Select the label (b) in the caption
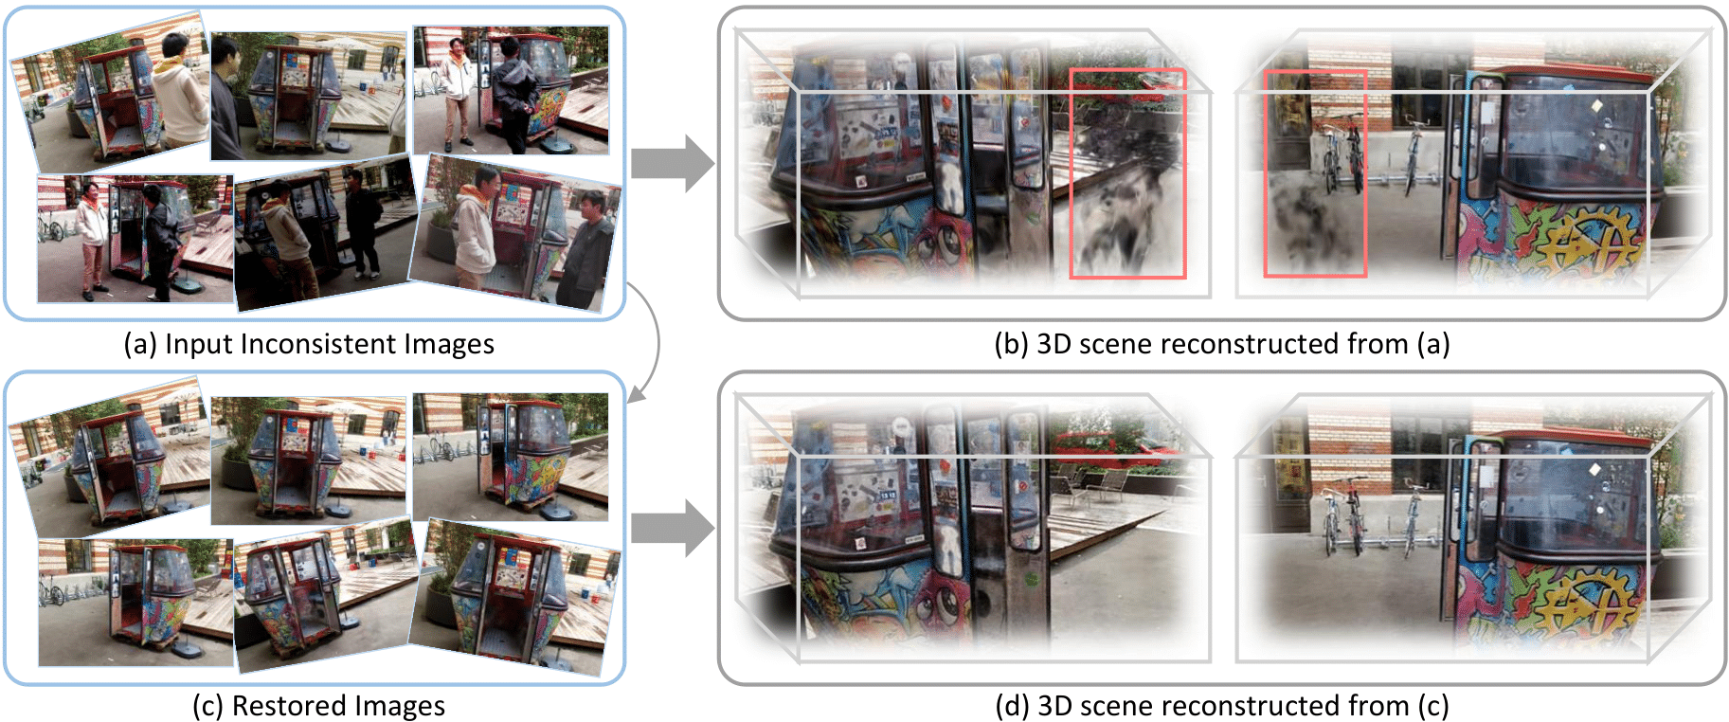pos(1012,344)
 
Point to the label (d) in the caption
pos(1013,706)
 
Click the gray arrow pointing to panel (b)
pos(672,164)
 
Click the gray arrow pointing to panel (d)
pos(672,528)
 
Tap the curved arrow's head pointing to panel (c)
pos(636,395)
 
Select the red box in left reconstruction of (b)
pos(1127,173)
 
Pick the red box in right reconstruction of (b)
pos(1314,173)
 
